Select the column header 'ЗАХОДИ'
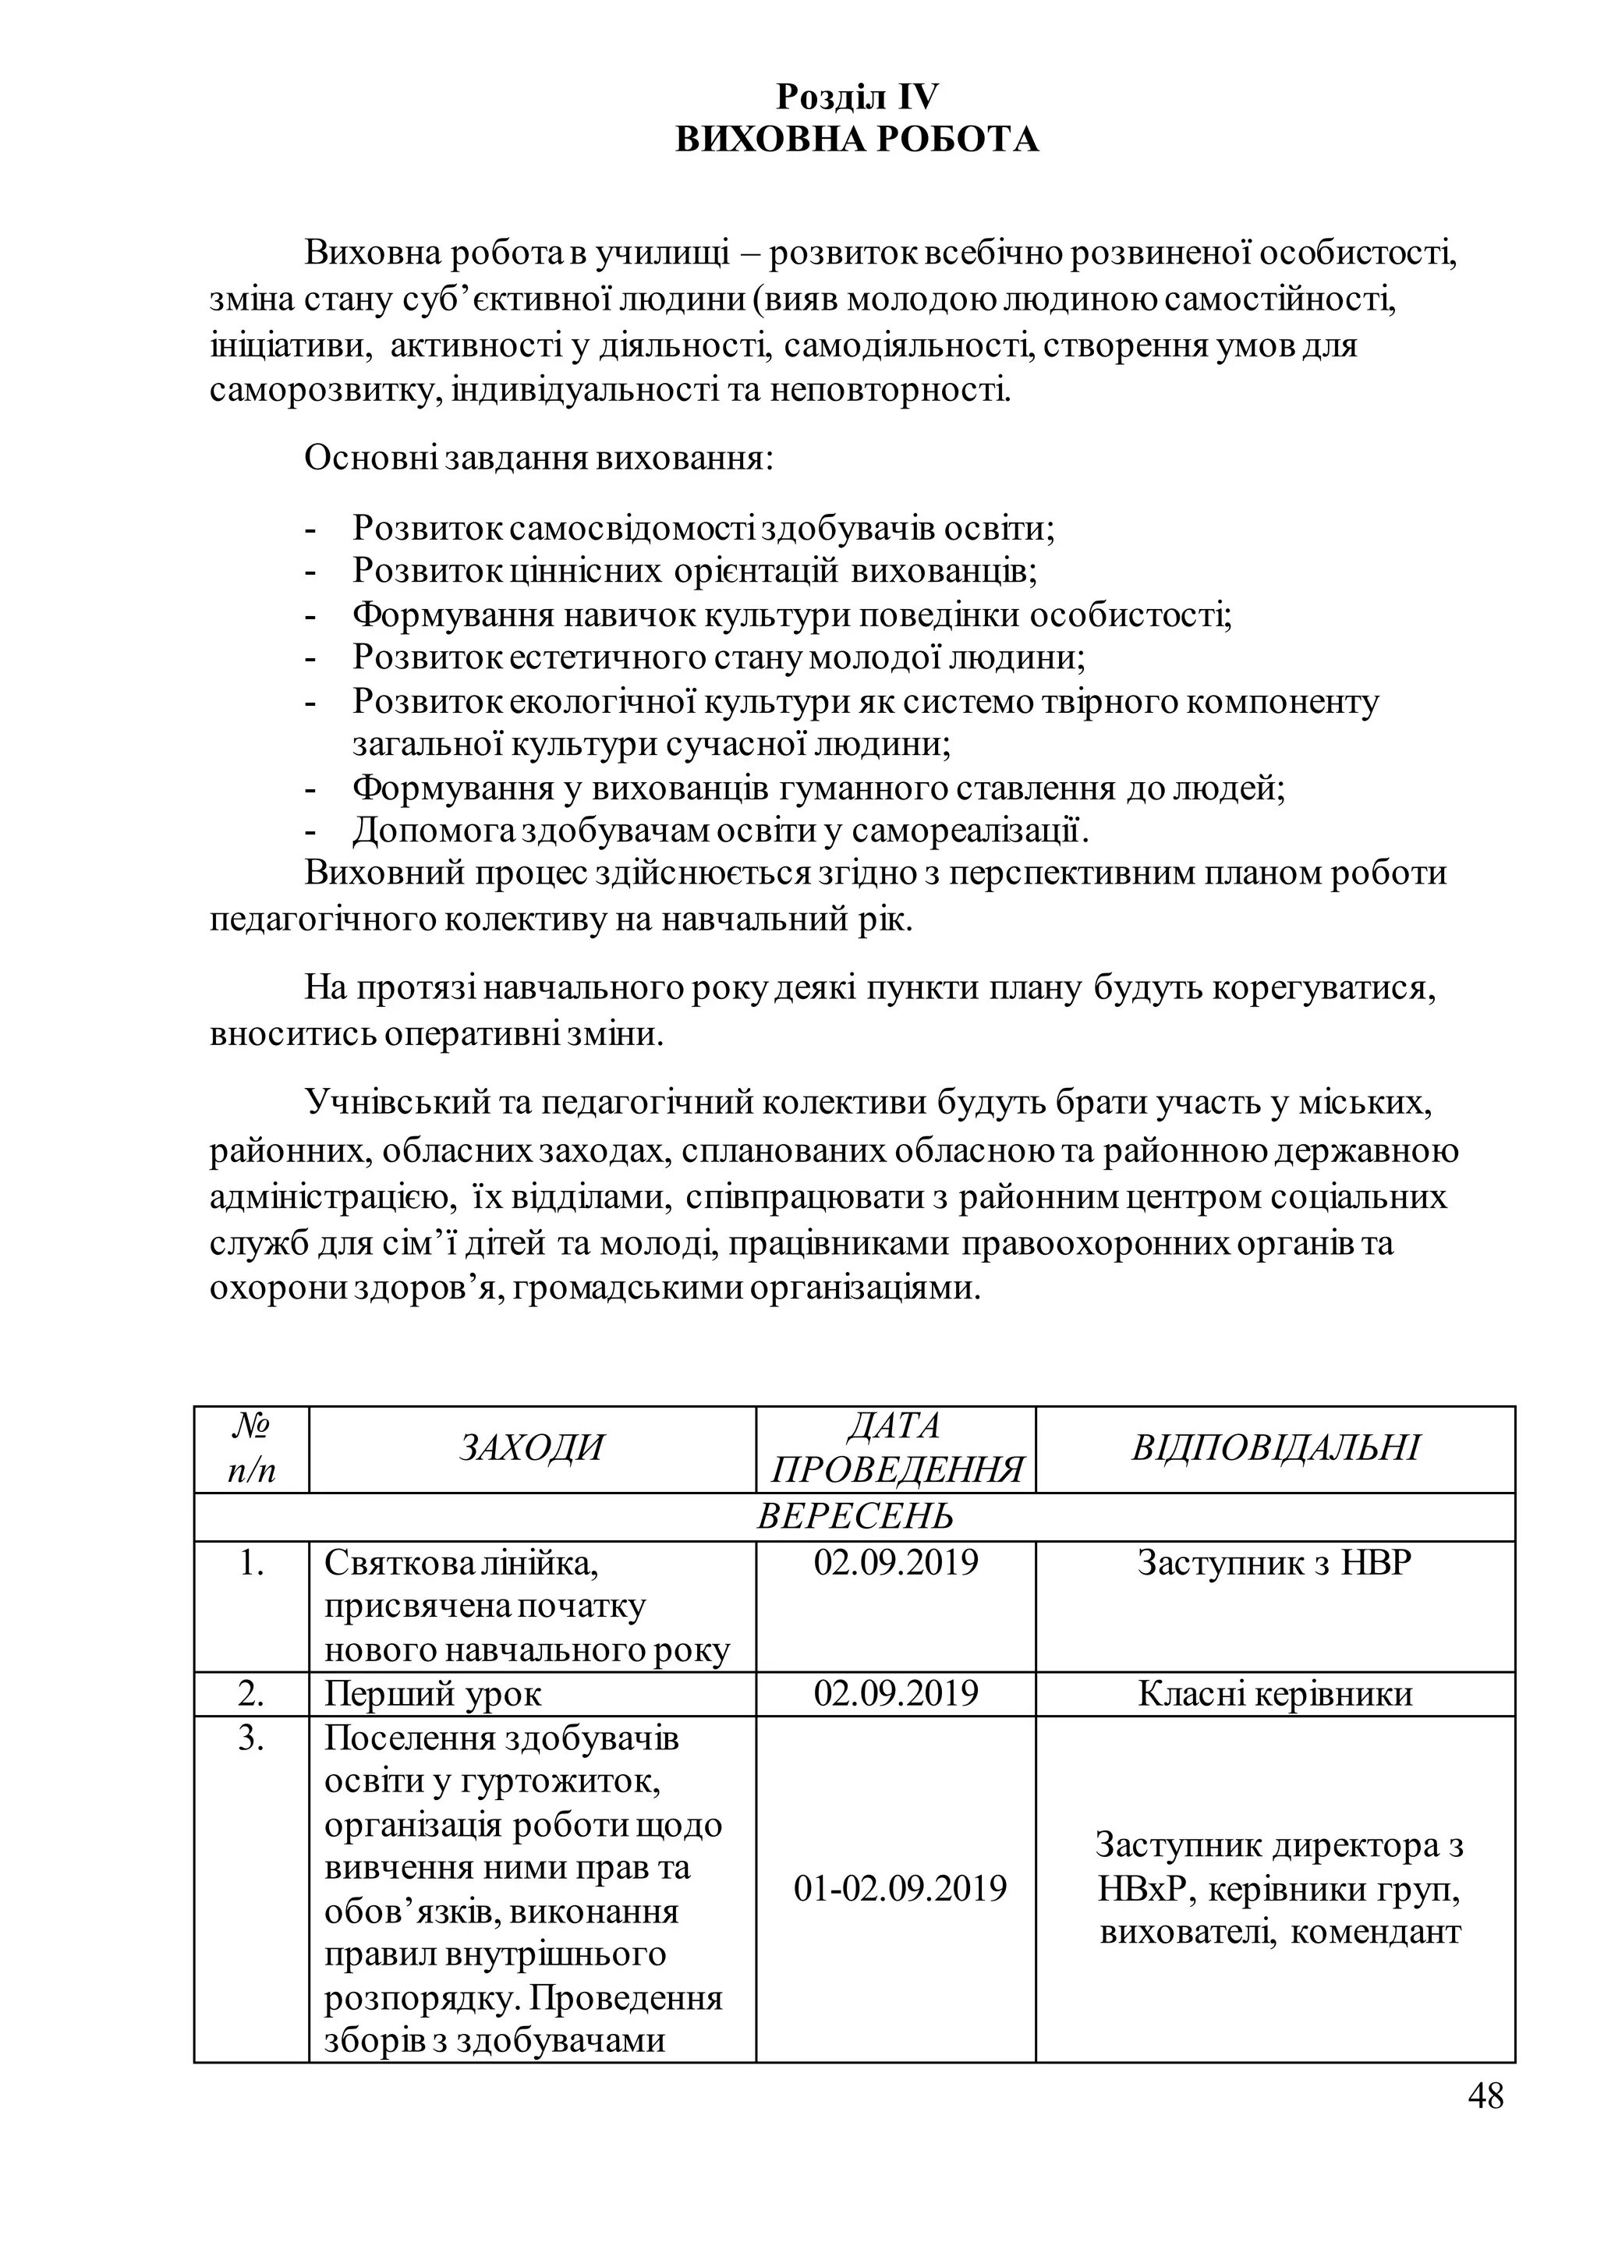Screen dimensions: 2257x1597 [531, 1448]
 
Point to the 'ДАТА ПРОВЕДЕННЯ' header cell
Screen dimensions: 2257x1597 [895, 1448]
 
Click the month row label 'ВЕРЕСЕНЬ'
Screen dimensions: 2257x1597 [855, 1516]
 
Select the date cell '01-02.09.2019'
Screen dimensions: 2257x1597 [900, 1888]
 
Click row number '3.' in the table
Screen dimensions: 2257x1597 [252, 1738]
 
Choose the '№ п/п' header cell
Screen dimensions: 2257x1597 [252, 1448]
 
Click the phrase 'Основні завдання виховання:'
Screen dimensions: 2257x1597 [539, 459]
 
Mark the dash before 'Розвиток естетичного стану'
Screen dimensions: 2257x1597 [312, 658]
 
